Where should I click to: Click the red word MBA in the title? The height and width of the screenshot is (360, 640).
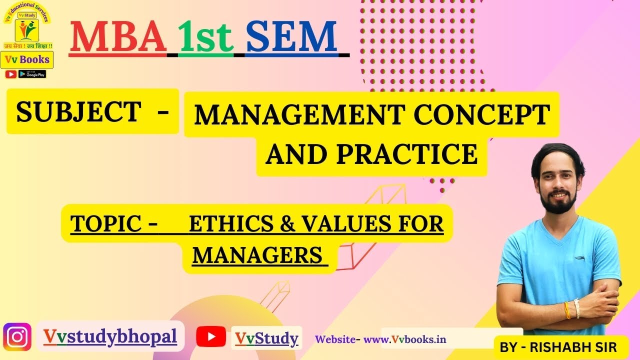(118, 37)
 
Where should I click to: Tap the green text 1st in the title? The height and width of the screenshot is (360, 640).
(206, 38)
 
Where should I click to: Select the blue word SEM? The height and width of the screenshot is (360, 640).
(291, 37)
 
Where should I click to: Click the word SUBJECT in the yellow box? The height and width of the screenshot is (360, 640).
(78, 111)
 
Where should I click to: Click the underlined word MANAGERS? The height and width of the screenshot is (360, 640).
(257, 255)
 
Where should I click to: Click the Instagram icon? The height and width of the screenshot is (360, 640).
(17, 337)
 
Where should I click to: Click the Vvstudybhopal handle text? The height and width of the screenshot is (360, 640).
(110, 336)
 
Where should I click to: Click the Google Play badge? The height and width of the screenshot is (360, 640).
(32, 74)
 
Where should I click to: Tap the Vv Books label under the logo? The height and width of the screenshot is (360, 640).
(27, 59)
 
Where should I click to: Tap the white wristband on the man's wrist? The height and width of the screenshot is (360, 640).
(576, 308)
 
